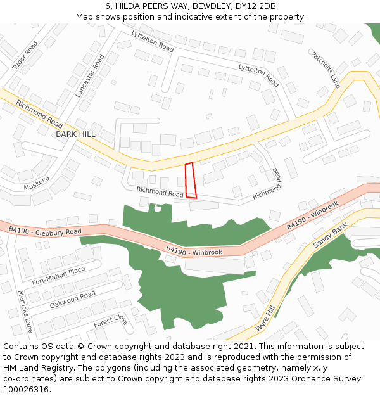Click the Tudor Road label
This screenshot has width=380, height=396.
pos(25,55)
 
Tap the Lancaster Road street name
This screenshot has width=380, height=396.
pos(89,75)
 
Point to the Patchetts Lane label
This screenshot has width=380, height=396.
pos(326,70)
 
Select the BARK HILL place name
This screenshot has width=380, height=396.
pos(75,134)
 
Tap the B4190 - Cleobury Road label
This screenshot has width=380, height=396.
pos(45,229)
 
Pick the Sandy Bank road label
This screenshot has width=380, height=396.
pos(331,236)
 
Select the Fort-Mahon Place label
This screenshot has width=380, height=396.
pos(59,276)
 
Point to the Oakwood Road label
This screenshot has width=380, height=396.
pos(72,300)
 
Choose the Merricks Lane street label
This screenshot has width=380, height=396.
pos(25,311)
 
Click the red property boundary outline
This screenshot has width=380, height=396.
pos(191,181)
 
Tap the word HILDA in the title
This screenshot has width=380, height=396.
pos(128,6)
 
